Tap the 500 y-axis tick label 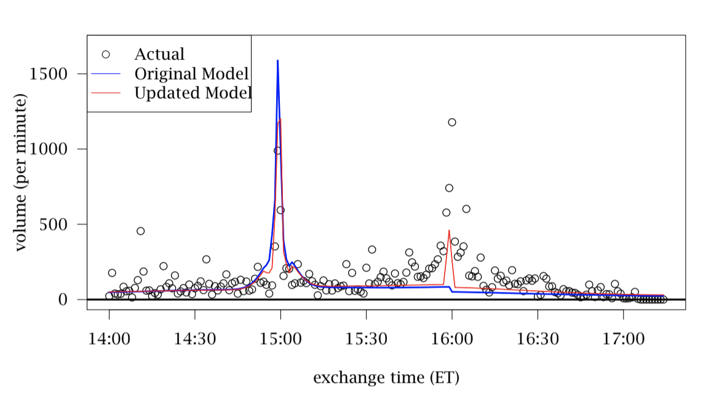pos(53,225)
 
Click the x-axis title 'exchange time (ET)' pos(386,377)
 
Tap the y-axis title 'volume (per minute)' pos(21,172)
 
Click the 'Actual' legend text pos(159,55)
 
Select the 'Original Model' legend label pos(191,74)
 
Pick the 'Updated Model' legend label pos(193,93)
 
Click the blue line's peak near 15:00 pos(277,61)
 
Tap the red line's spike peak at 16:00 pos(449,230)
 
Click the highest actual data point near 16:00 pos(452,122)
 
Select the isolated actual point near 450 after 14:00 pos(140,231)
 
